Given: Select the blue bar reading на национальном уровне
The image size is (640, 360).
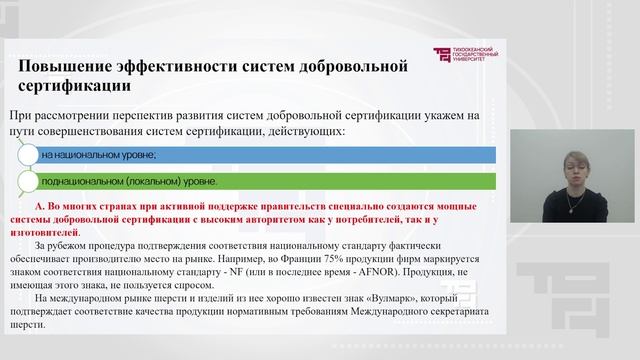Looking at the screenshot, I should (260, 155).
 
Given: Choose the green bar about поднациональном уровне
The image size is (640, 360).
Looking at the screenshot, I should (260, 182).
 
